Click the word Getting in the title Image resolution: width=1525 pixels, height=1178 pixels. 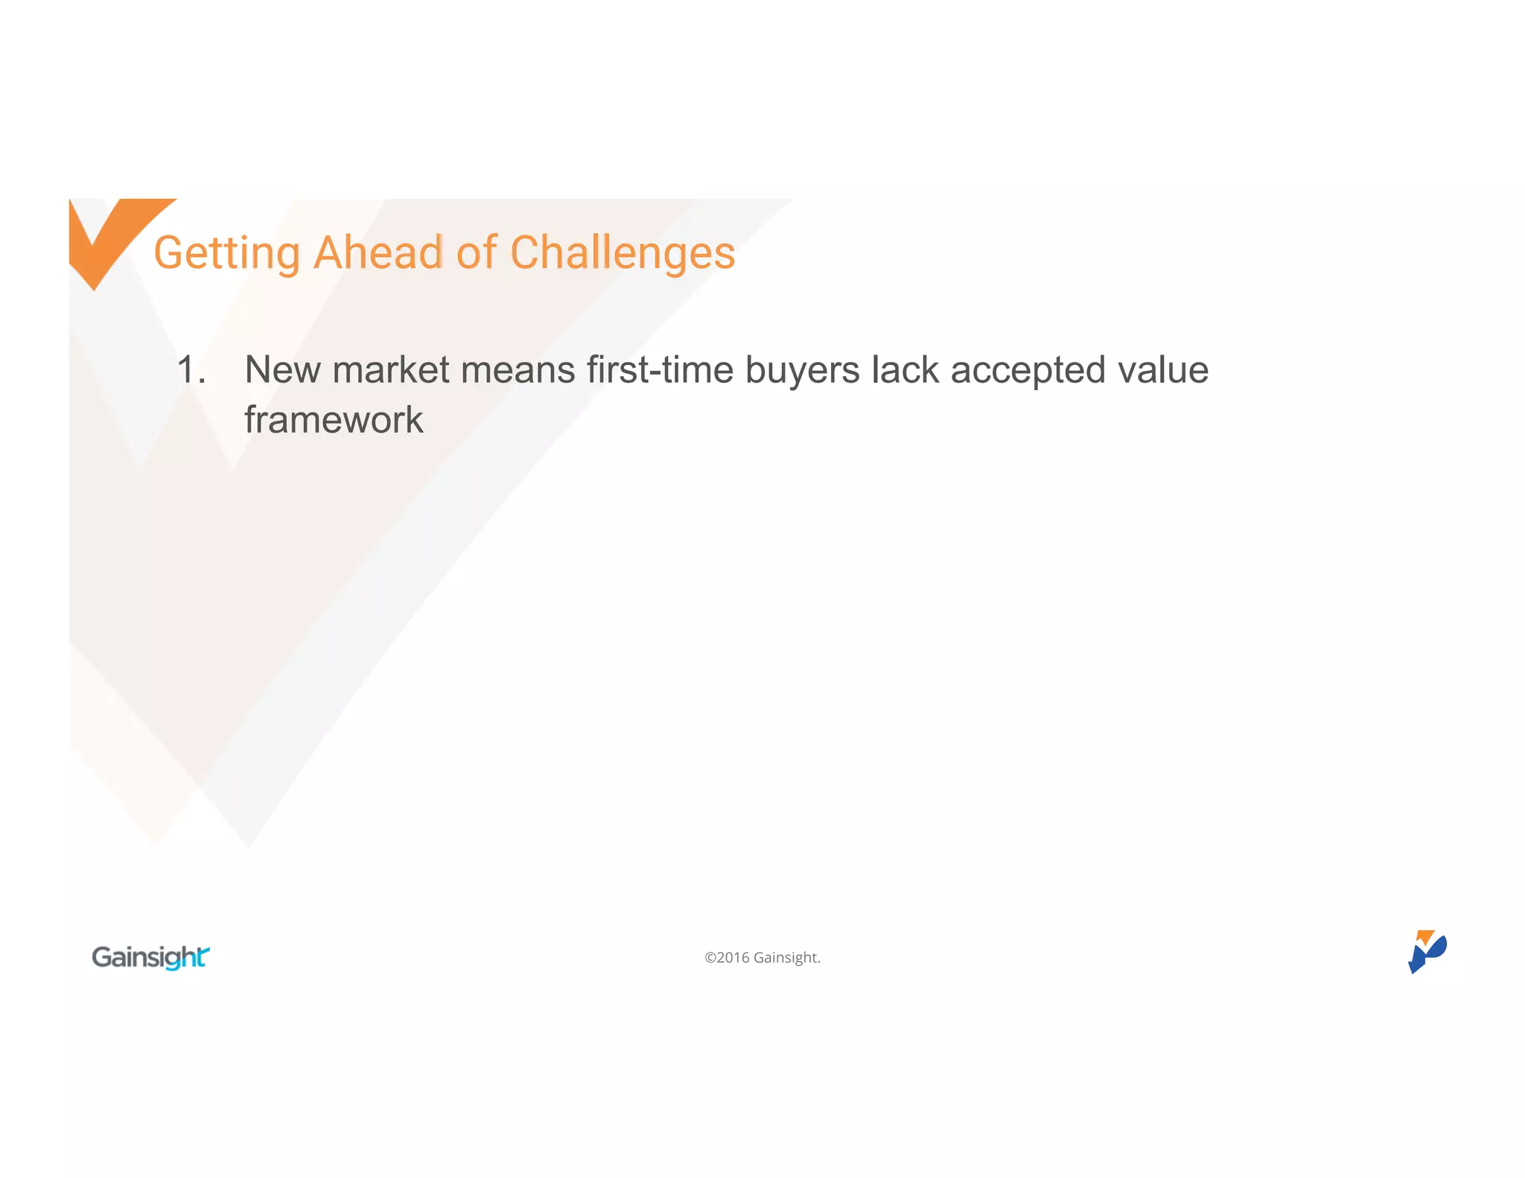click(x=226, y=253)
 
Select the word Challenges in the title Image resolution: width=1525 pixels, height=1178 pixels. click(x=623, y=253)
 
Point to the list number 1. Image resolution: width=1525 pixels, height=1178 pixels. click(x=191, y=369)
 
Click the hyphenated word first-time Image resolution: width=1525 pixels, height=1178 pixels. click(x=660, y=369)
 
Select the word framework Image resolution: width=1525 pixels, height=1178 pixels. click(x=334, y=420)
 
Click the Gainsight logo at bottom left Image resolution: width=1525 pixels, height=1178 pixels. click(x=150, y=958)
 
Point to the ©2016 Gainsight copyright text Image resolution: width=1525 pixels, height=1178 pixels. click(x=762, y=958)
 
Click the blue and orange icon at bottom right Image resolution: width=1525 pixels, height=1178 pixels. click(x=1427, y=952)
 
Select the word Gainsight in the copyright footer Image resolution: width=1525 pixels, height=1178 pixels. click(x=786, y=958)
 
